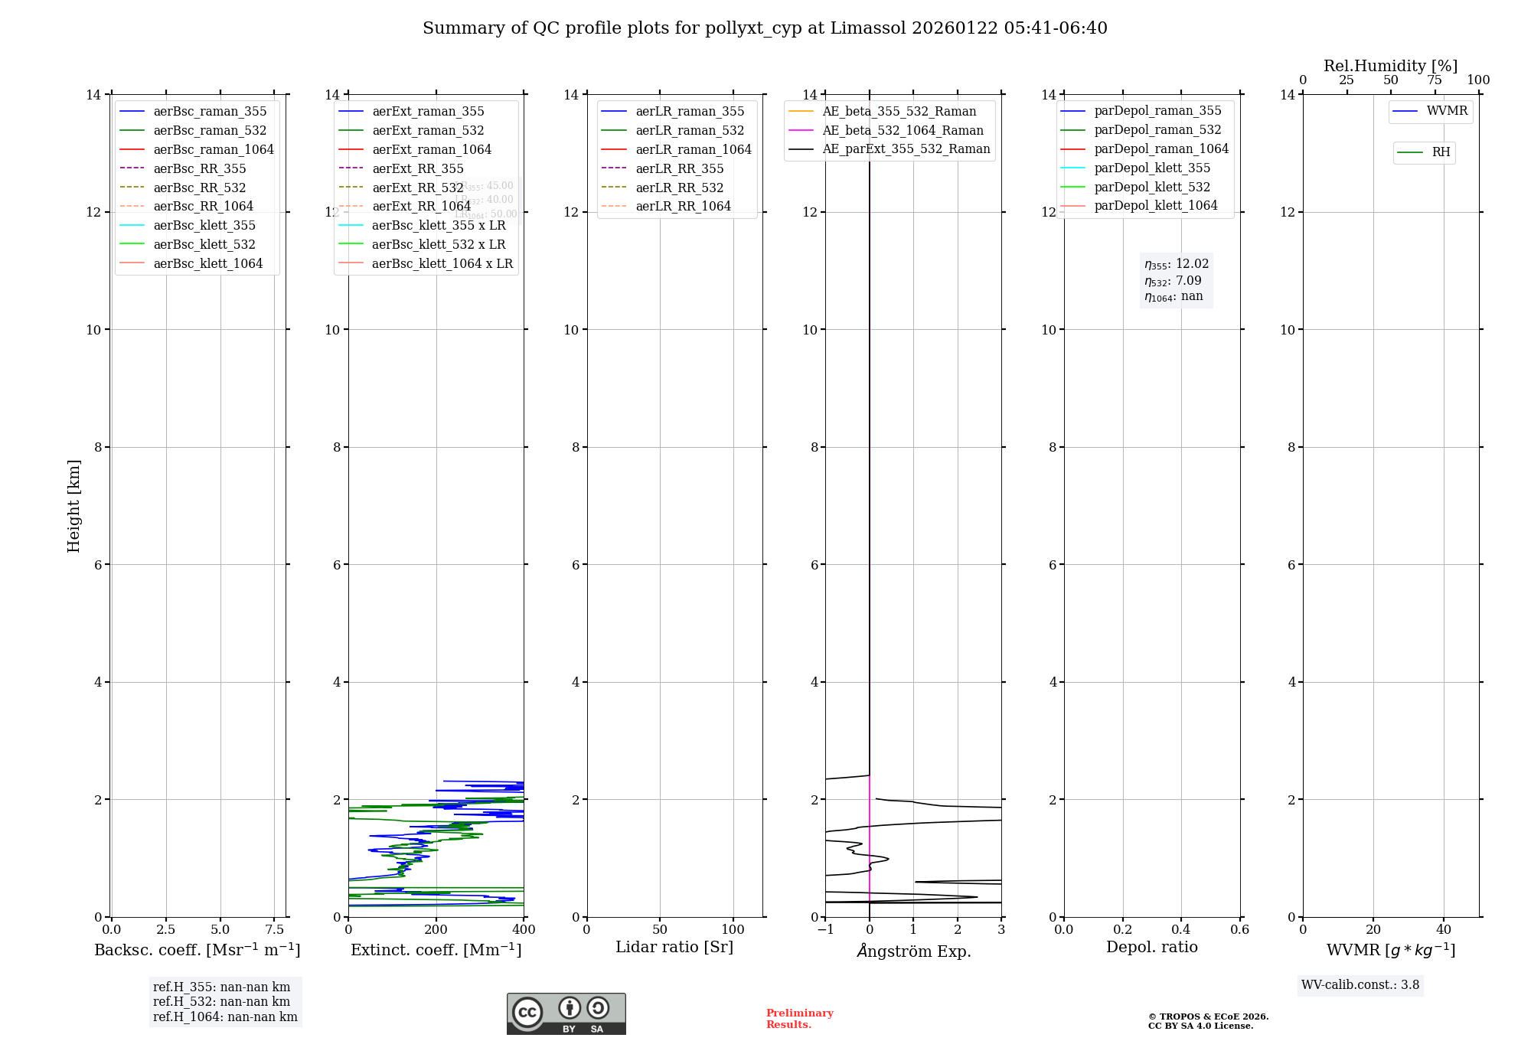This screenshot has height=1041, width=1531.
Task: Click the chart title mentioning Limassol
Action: [765, 28]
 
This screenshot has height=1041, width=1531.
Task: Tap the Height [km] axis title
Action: [73, 505]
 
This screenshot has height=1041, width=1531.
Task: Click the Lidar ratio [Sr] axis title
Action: [674, 948]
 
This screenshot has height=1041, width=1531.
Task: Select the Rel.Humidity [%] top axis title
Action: [1390, 66]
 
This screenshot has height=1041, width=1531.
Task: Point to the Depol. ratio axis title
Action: [1151, 948]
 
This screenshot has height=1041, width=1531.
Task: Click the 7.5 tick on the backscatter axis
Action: [275, 930]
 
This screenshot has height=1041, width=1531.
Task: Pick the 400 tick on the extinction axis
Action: [524, 930]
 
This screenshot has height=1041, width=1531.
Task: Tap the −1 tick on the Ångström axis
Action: [825, 930]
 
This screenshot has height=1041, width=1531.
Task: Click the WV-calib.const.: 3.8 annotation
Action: [1360, 985]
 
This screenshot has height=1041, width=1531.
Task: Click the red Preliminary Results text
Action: [799, 1019]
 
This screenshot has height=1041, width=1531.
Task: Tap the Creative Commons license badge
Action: [566, 1014]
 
